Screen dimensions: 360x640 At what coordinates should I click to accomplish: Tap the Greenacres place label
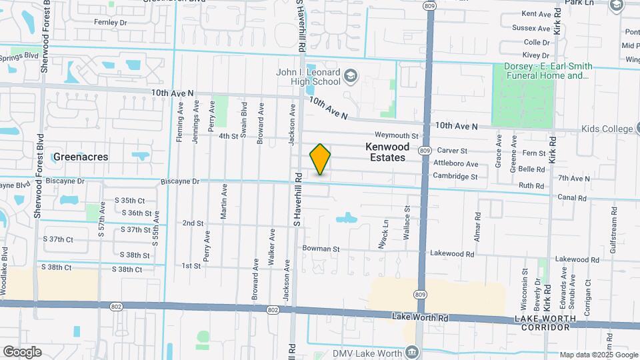[x=81, y=157]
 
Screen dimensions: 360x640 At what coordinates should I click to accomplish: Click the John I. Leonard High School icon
[x=351, y=77]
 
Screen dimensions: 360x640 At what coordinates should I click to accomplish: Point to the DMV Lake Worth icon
[x=412, y=351]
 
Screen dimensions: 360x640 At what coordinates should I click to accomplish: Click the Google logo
[x=22, y=351]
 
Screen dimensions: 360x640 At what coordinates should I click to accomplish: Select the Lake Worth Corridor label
[x=544, y=323]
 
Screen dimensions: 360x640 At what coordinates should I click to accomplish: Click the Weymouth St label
[x=396, y=136]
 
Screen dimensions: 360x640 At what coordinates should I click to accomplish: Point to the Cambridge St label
[x=455, y=177]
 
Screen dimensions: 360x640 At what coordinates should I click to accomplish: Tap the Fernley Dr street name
[x=111, y=22]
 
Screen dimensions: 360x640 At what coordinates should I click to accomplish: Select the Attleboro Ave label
[x=456, y=164]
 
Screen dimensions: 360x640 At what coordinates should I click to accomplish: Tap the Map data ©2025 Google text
[x=599, y=355]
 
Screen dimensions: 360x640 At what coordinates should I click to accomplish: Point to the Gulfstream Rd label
[x=611, y=227]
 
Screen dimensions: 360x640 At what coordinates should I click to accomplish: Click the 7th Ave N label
[x=574, y=178]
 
